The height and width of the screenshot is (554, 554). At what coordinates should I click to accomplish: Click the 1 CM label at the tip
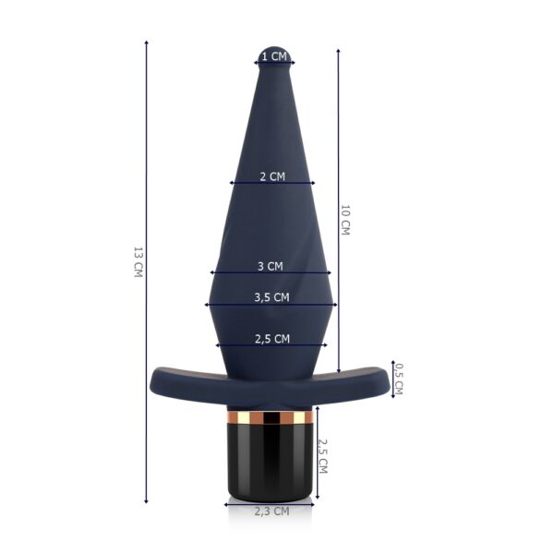coord(274,56)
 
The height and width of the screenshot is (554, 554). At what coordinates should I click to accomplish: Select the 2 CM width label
coord(272,176)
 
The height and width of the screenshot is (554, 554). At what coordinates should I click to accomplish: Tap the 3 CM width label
coord(271,266)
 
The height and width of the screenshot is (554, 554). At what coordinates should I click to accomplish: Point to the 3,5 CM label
coord(271,297)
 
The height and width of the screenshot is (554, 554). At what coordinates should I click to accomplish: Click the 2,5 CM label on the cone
coord(272,339)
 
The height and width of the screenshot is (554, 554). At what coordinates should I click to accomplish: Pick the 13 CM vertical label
coord(138,262)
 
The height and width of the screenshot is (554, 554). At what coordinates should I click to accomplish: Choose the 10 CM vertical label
coord(344,220)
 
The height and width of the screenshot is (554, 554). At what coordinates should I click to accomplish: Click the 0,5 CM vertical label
coord(398,379)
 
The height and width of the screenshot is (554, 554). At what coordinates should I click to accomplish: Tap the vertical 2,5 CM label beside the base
coord(323,456)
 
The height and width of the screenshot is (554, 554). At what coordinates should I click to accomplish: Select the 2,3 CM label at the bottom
coord(271,512)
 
